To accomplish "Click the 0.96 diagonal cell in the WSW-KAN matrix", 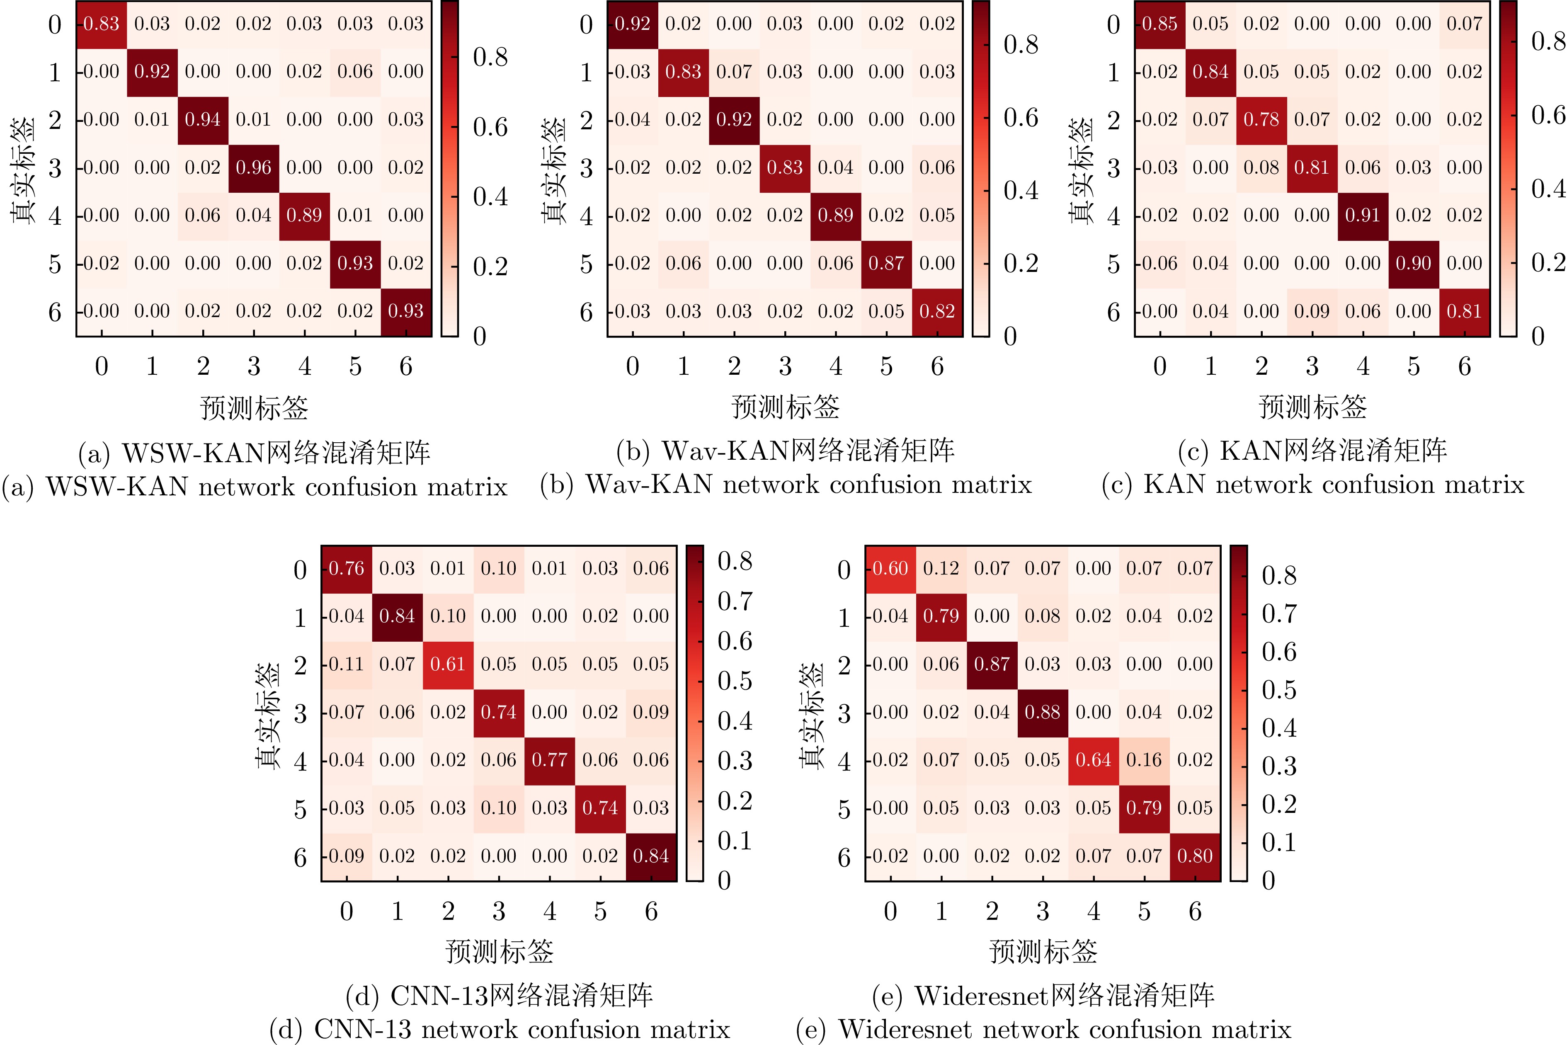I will tap(253, 168).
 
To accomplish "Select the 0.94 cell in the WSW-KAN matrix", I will tap(203, 120).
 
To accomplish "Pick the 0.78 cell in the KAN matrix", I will tap(1261, 120).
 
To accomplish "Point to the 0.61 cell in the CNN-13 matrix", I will tap(447, 664).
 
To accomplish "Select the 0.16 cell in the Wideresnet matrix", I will tap(1144, 760).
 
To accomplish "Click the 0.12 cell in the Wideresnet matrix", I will tap(941, 568).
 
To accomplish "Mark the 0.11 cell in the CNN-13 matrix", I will tap(346, 664).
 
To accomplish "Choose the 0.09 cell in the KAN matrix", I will tap(1312, 311).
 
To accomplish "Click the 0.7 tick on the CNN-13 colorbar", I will tap(735, 601).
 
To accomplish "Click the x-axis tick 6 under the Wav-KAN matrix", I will tap(937, 366).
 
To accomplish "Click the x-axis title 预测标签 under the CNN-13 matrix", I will tap(499, 951).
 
